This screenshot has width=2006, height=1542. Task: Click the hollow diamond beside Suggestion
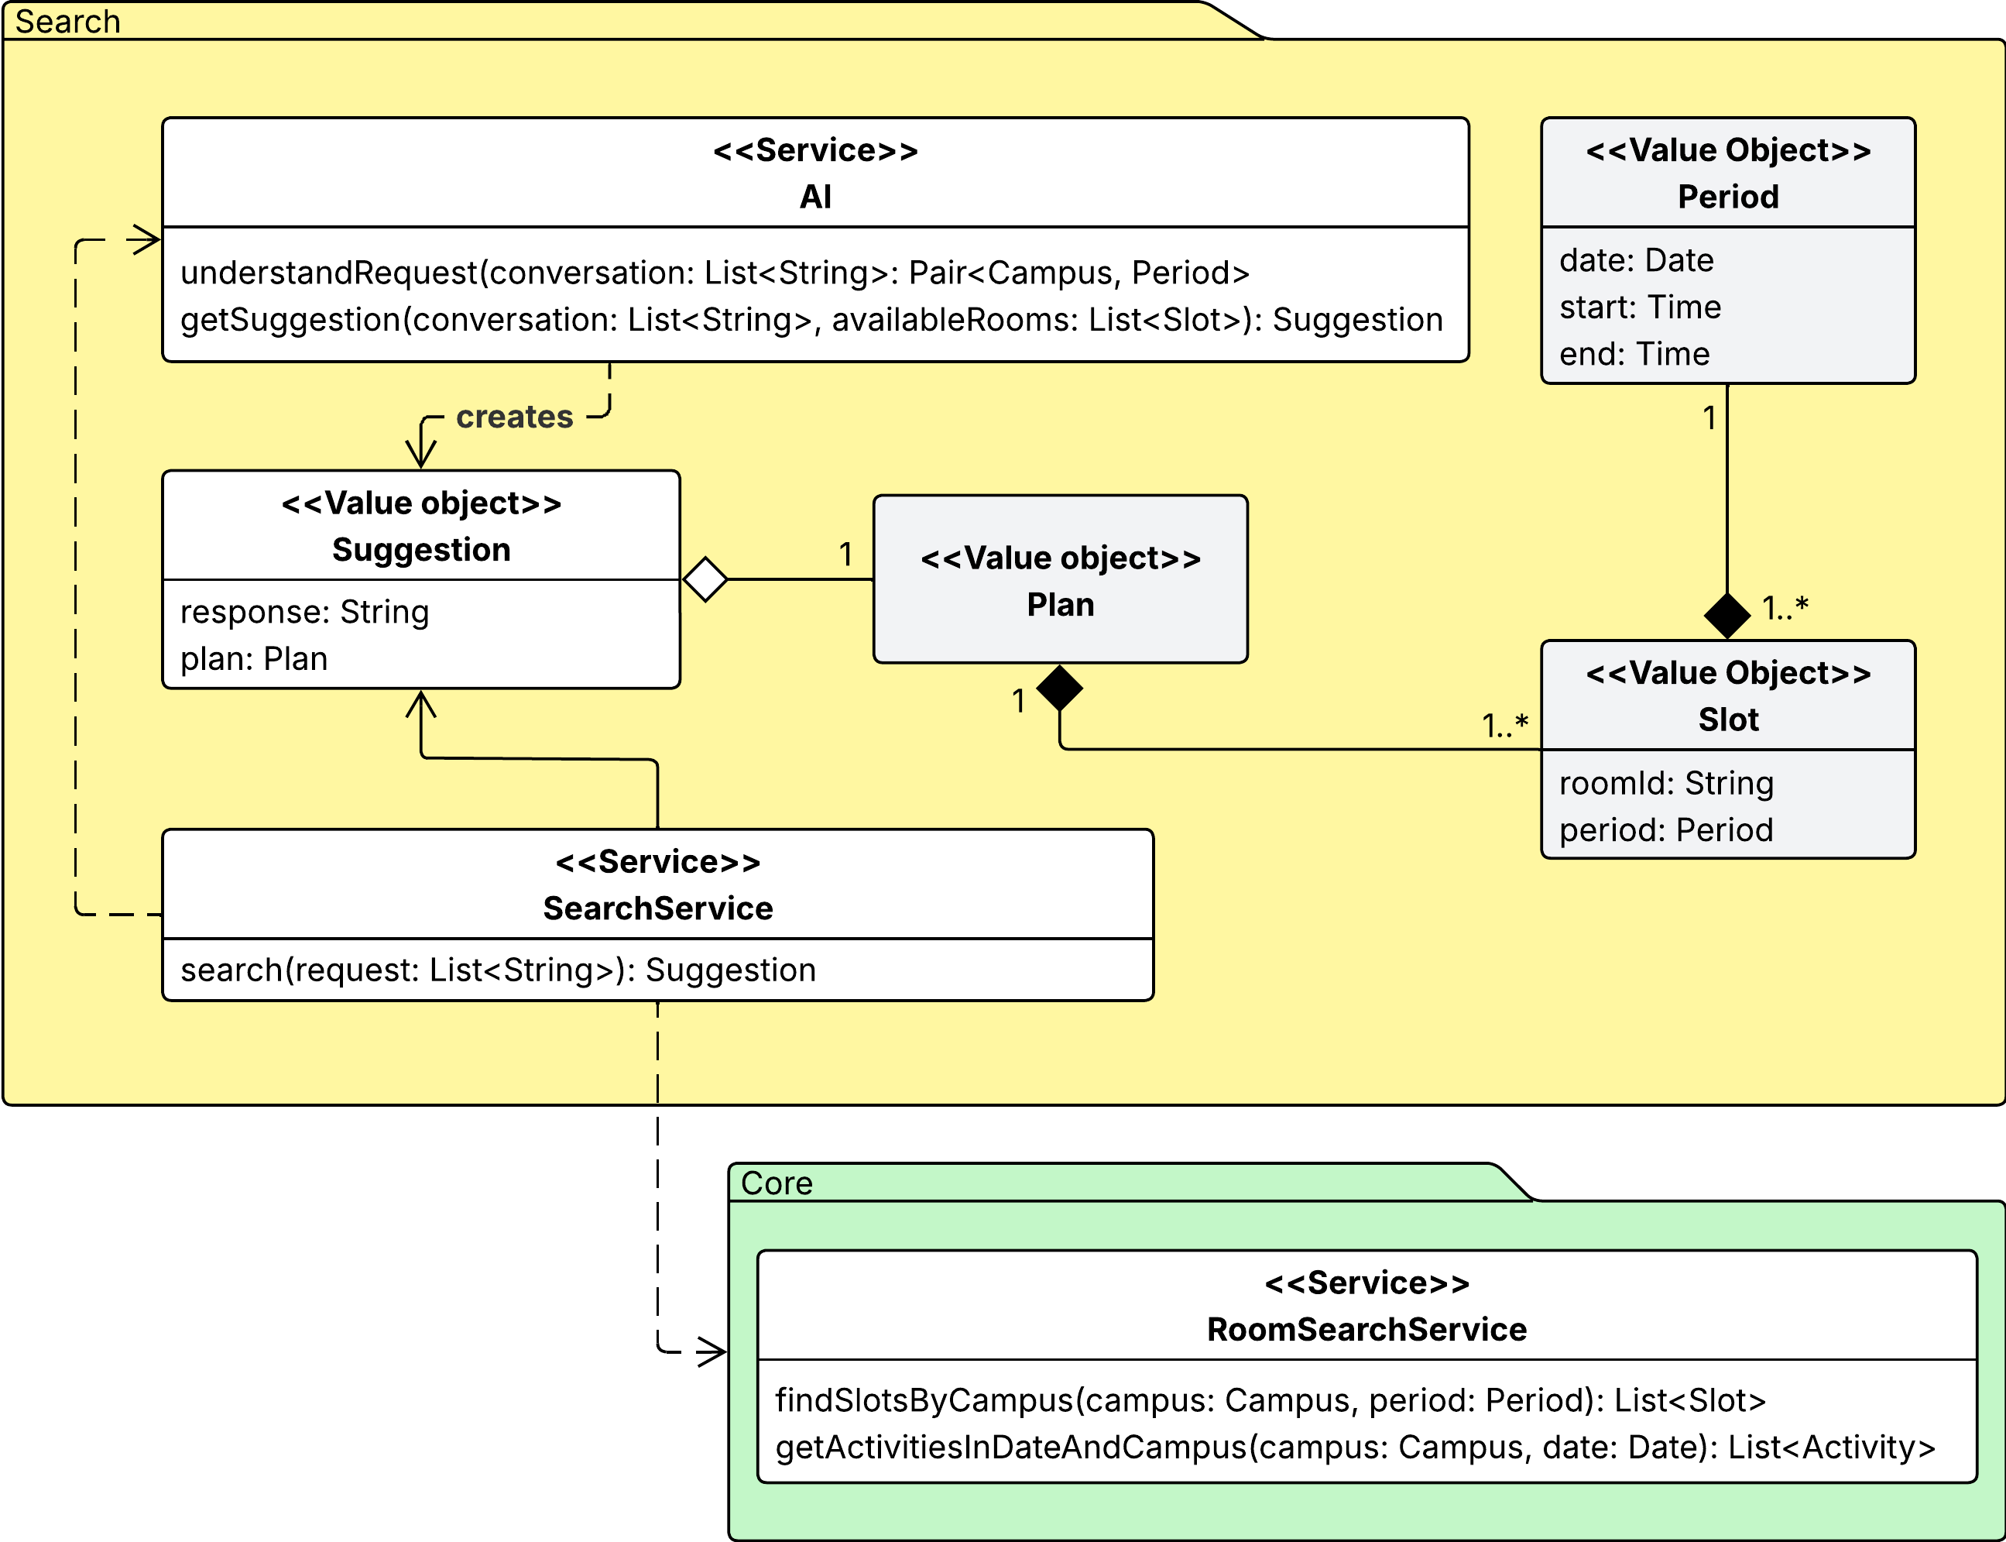pos(705,579)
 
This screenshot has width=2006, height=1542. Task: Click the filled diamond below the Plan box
pos(1060,688)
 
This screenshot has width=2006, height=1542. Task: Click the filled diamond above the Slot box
pos(1727,615)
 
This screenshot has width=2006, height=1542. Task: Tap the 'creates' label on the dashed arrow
pos(514,417)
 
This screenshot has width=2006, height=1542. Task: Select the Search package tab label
pos(68,21)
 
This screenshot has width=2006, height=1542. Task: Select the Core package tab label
pos(777,1183)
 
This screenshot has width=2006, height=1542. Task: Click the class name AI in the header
pos(815,197)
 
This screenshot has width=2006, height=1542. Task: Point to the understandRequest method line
pos(715,273)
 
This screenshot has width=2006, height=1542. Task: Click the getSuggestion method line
pos(811,319)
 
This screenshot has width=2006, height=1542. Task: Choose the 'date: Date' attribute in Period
pos(1636,261)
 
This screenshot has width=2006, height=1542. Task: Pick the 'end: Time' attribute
pos(1634,353)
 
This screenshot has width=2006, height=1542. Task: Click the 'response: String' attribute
pos(305,612)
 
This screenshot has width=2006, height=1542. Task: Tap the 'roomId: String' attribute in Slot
pos(1665,783)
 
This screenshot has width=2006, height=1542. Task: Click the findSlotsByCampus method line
pos(1270,1399)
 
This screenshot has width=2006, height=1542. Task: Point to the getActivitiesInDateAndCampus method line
pos(1354,1447)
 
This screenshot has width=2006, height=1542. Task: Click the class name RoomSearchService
pos(1366,1329)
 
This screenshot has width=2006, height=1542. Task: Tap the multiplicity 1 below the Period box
pos(1709,418)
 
